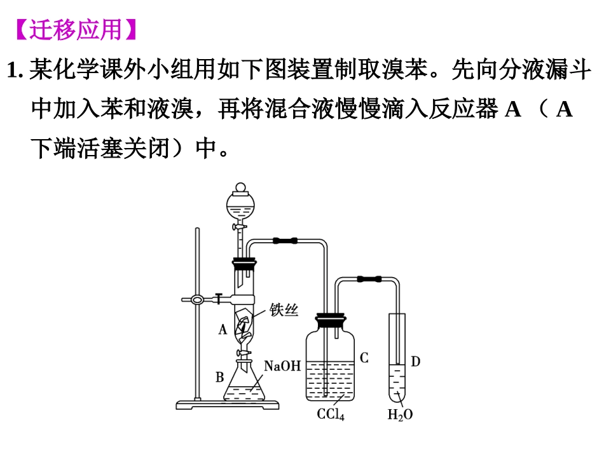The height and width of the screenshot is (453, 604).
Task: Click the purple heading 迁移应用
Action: [x=76, y=30]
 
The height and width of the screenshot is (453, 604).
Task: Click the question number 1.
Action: [x=15, y=71]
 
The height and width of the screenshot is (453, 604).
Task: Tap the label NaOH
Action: [x=282, y=366]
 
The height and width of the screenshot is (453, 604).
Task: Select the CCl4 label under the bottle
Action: [x=331, y=414]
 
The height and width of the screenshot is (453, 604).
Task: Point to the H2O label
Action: [x=400, y=414]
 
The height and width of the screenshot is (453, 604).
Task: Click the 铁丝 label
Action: [x=284, y=310]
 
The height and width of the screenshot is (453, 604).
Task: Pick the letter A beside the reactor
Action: [x=223, y=330]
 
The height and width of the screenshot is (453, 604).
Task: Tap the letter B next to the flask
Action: [x=219, y=377]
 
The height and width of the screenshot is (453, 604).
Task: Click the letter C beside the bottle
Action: [x=364, y=358]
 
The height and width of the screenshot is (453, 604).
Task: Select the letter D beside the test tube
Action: [x=415, y=362]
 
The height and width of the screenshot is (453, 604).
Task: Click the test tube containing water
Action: [x=397, y=358]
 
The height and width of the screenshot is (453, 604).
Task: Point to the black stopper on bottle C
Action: [x=331, y=321]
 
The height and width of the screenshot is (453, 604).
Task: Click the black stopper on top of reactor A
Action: [x=244, y=264]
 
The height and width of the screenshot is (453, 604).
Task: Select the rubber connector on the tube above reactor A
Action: [x=285, y=241]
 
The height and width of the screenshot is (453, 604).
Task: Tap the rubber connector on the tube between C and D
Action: [x=369, y=279]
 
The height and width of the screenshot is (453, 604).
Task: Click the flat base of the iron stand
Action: [x=227, y=405]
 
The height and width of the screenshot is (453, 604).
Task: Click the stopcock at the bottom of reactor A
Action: [x=243, y=353]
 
